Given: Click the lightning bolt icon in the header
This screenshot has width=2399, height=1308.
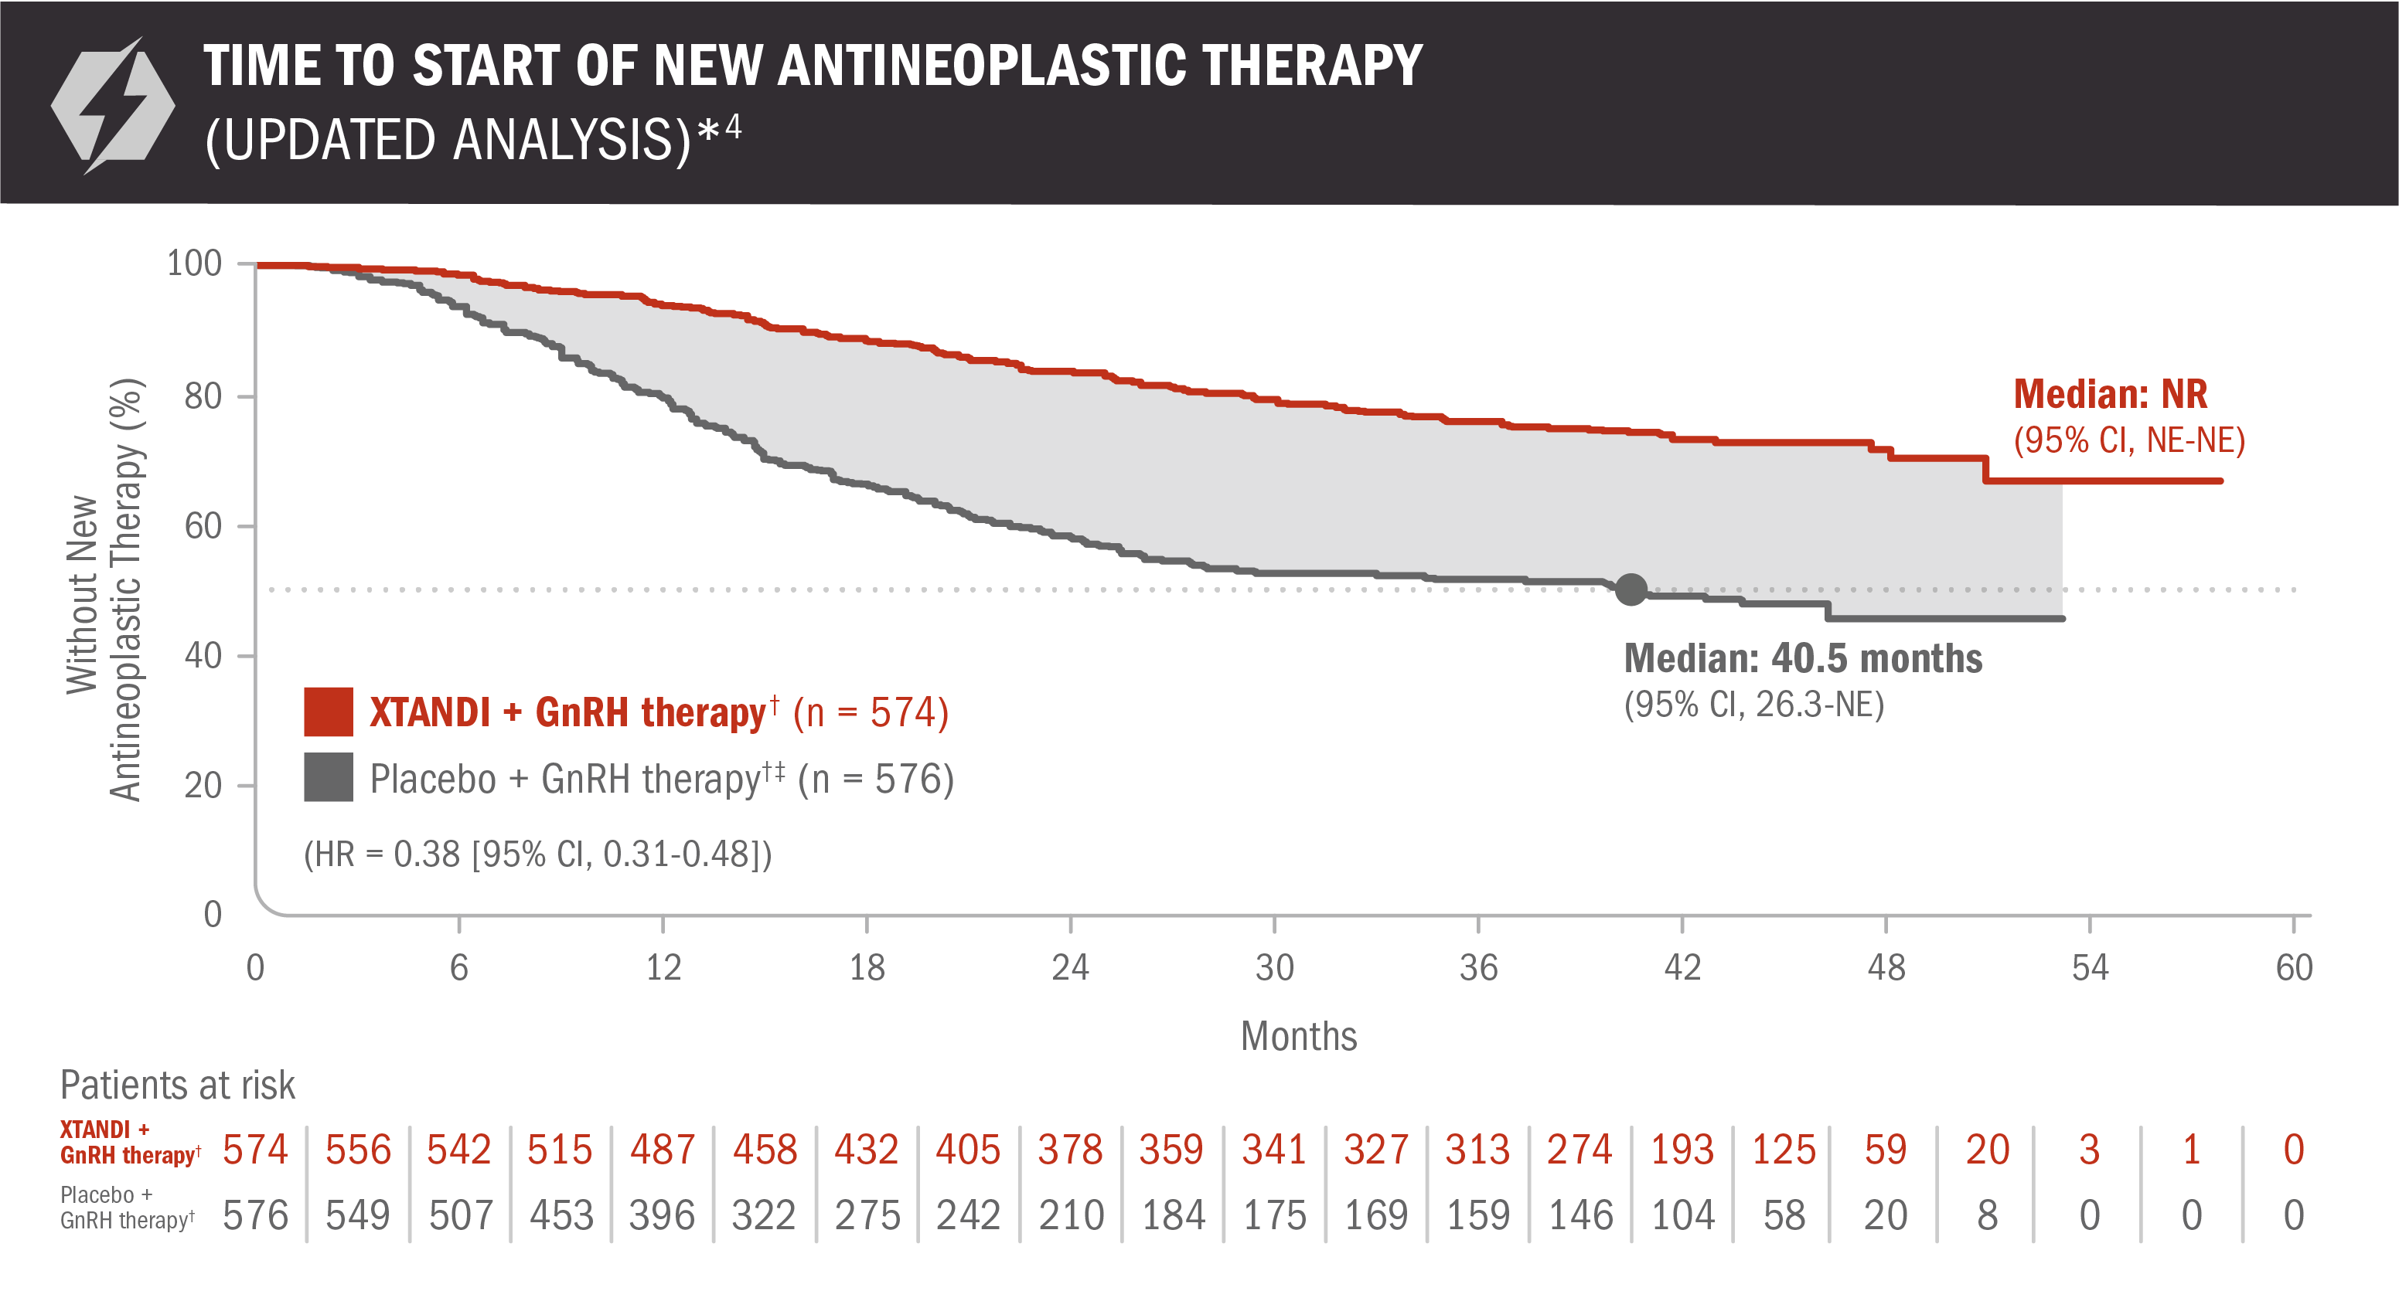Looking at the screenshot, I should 113,105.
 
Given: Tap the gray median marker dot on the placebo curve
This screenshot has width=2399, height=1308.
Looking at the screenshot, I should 1631,589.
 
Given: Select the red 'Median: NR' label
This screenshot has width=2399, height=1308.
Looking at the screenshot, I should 2109,395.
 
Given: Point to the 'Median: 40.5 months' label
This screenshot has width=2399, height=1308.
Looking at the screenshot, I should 1802,658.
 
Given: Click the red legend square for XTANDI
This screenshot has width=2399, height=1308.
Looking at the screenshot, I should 328,712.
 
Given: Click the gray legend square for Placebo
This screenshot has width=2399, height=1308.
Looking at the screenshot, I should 328,777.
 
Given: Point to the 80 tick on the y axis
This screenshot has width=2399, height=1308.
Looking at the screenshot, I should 203,396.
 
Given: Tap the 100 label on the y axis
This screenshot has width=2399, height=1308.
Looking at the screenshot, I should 194,263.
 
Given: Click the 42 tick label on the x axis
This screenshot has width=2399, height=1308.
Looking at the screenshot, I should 1682,968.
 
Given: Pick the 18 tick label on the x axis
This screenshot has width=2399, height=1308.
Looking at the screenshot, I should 866,968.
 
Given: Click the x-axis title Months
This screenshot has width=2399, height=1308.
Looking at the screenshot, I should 1298,1036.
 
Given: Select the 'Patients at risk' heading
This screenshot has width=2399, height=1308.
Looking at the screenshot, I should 177,1085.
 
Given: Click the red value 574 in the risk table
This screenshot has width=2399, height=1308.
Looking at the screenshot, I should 255,1150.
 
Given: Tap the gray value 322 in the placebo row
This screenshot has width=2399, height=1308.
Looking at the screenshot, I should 764,1215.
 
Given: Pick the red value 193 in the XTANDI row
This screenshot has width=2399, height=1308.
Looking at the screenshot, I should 1682,1150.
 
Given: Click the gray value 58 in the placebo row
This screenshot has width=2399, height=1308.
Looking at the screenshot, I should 1784,1215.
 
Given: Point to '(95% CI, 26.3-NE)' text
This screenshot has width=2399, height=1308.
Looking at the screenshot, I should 1753,705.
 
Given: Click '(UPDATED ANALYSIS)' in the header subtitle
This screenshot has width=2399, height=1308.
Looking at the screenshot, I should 447,141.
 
